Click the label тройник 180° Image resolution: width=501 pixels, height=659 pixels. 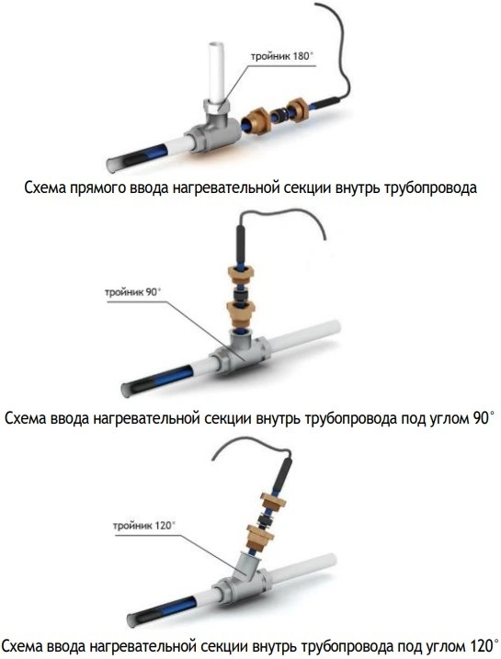pos(282,56)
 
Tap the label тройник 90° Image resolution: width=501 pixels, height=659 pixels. pos(132,291)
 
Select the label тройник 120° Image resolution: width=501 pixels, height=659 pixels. pos(144,526)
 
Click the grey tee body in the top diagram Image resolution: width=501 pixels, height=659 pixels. pos(213,131)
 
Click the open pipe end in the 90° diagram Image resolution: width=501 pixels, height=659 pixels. pos(128,390)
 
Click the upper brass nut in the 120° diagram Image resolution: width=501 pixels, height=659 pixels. pos(272,501)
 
